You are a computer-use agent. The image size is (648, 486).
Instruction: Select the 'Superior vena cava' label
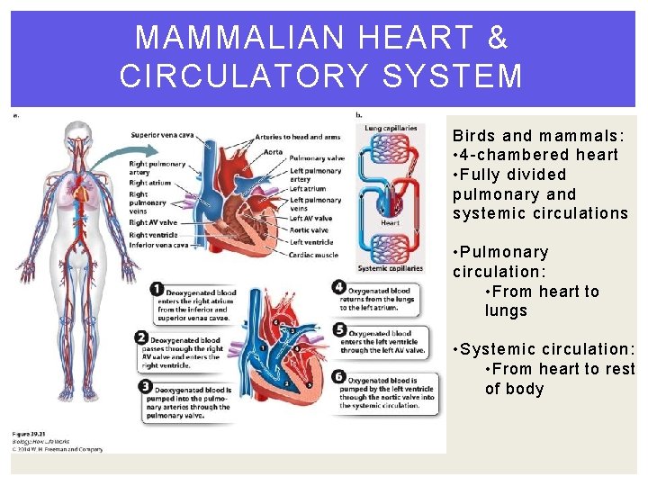click(x=162, y=135)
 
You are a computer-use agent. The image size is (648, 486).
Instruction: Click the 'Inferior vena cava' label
click(x=159, y=245)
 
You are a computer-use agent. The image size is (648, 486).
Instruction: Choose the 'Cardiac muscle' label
click(x=314, y=255)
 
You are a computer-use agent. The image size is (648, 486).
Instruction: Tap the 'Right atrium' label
click(x=149, y=183)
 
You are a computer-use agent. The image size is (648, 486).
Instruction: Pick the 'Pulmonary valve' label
click(x=317, y=158)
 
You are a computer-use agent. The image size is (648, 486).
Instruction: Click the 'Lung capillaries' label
click(x=391, y=129)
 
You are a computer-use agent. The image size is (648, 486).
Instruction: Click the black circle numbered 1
click(x=157, y=289)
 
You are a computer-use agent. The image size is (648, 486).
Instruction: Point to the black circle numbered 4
click(x=339, y=288)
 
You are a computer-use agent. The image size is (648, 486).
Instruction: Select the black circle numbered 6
click(x=339, y=376)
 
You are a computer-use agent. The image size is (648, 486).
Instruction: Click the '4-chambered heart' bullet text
click(x=539, y=155)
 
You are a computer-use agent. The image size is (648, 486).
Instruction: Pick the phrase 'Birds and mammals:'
click(x=539, y=136)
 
